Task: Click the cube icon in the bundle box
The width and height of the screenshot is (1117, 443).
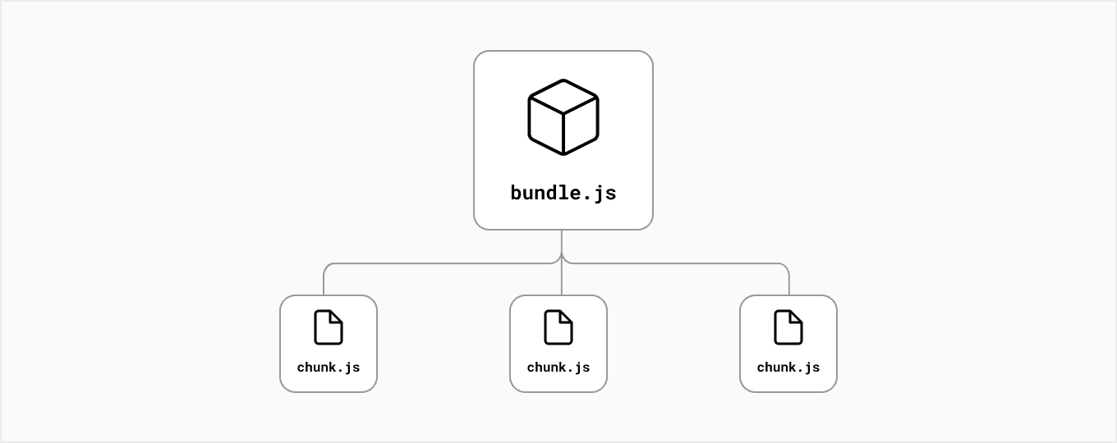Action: click(x=563, y=116)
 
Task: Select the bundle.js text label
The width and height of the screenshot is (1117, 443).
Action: click(x=563, y=194)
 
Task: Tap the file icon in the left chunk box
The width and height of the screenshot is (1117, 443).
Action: click(x=329, y=327)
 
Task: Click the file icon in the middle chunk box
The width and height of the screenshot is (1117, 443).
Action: click(x=558, y=327)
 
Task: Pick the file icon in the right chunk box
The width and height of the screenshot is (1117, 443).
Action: click(x=788, y=327)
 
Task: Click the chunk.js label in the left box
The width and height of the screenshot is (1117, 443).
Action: click(x=329, y=368)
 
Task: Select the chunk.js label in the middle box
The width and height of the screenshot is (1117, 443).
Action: click(x=558, y=368)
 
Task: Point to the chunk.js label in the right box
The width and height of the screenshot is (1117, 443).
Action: click(x=788, y=368)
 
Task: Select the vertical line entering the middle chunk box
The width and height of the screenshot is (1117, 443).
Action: click(x=562, y=281)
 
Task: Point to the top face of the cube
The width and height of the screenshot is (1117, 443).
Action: click(x=563, y=96)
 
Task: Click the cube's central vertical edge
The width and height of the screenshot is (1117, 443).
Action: click(x=563, y=131)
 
